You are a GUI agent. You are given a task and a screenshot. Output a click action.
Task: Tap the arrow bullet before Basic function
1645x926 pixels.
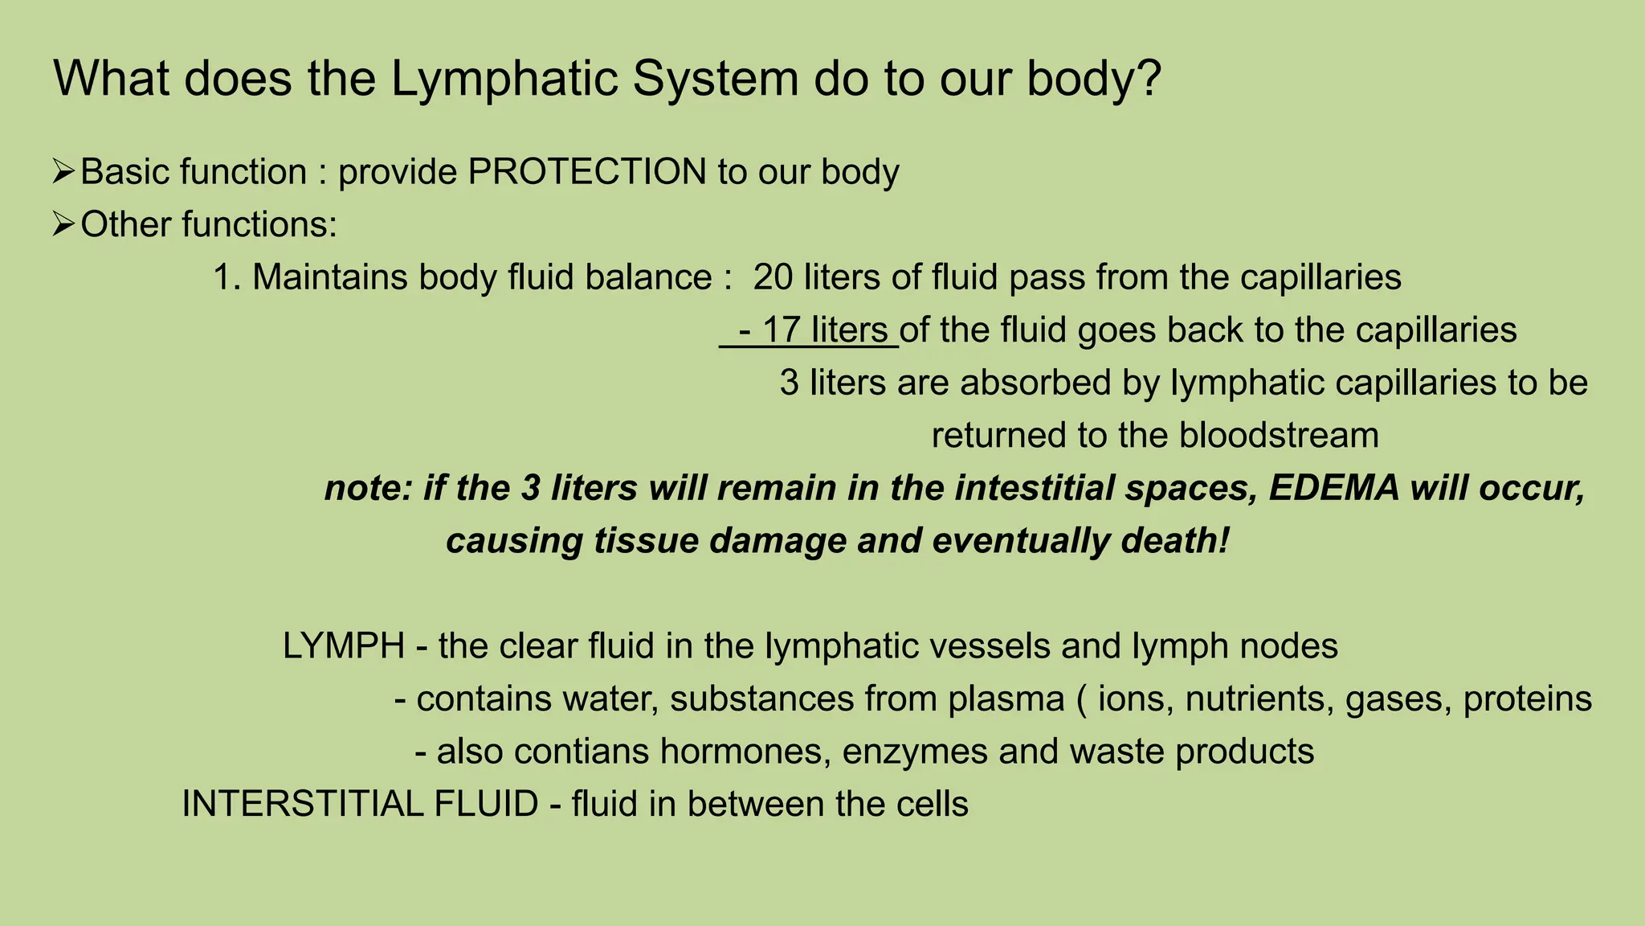(x=63, y=172)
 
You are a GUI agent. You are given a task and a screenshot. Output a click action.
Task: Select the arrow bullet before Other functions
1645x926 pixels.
(x=63, y=224)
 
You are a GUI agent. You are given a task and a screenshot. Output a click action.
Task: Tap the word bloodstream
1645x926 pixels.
(x=1279, y=436)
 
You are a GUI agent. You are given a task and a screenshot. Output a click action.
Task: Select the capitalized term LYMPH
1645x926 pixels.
(x=344, y=646)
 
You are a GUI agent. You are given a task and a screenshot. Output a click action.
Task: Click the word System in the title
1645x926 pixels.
(x=716, y=79)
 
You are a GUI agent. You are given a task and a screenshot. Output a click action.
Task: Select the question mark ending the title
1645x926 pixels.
(x=1149, y=79)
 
